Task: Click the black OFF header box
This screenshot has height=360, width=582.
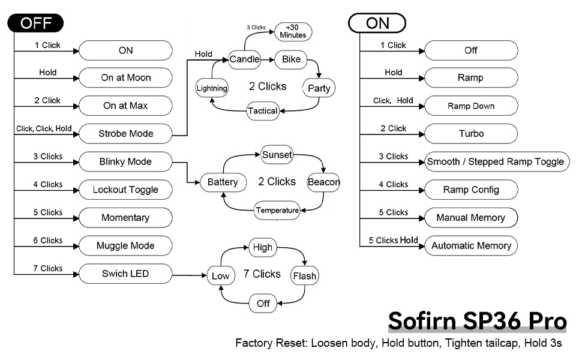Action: click(35, 23)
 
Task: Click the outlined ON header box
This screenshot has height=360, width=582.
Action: click(377, 23)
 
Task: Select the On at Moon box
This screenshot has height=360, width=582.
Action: click(125, 78)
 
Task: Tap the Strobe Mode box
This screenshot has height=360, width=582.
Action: click(125, 134)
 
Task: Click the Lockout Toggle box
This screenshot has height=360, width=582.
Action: click(125, 190)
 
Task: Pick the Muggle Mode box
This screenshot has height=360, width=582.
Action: click(125, 246)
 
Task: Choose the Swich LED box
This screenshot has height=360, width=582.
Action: click(125, 274)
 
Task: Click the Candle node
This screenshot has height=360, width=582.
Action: click(244, 59)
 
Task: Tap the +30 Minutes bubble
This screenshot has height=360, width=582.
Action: click(293, 31)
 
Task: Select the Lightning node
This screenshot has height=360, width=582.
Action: click(212, 88)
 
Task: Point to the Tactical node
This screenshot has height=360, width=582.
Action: click(263, 111)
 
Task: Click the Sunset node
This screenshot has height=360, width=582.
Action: click(277, 155)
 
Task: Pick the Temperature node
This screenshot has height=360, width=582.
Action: click(277, 210)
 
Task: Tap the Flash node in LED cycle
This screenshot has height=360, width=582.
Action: click(304, 276)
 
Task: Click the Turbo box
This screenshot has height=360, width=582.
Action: click(470, 134)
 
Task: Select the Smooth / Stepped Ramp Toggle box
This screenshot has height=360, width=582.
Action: click(495, 161)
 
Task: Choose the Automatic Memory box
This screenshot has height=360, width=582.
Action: click(470, 246)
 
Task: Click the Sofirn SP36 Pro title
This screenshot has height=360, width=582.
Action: click(477, 321)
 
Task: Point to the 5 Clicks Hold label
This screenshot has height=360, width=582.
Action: click(393, 241)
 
